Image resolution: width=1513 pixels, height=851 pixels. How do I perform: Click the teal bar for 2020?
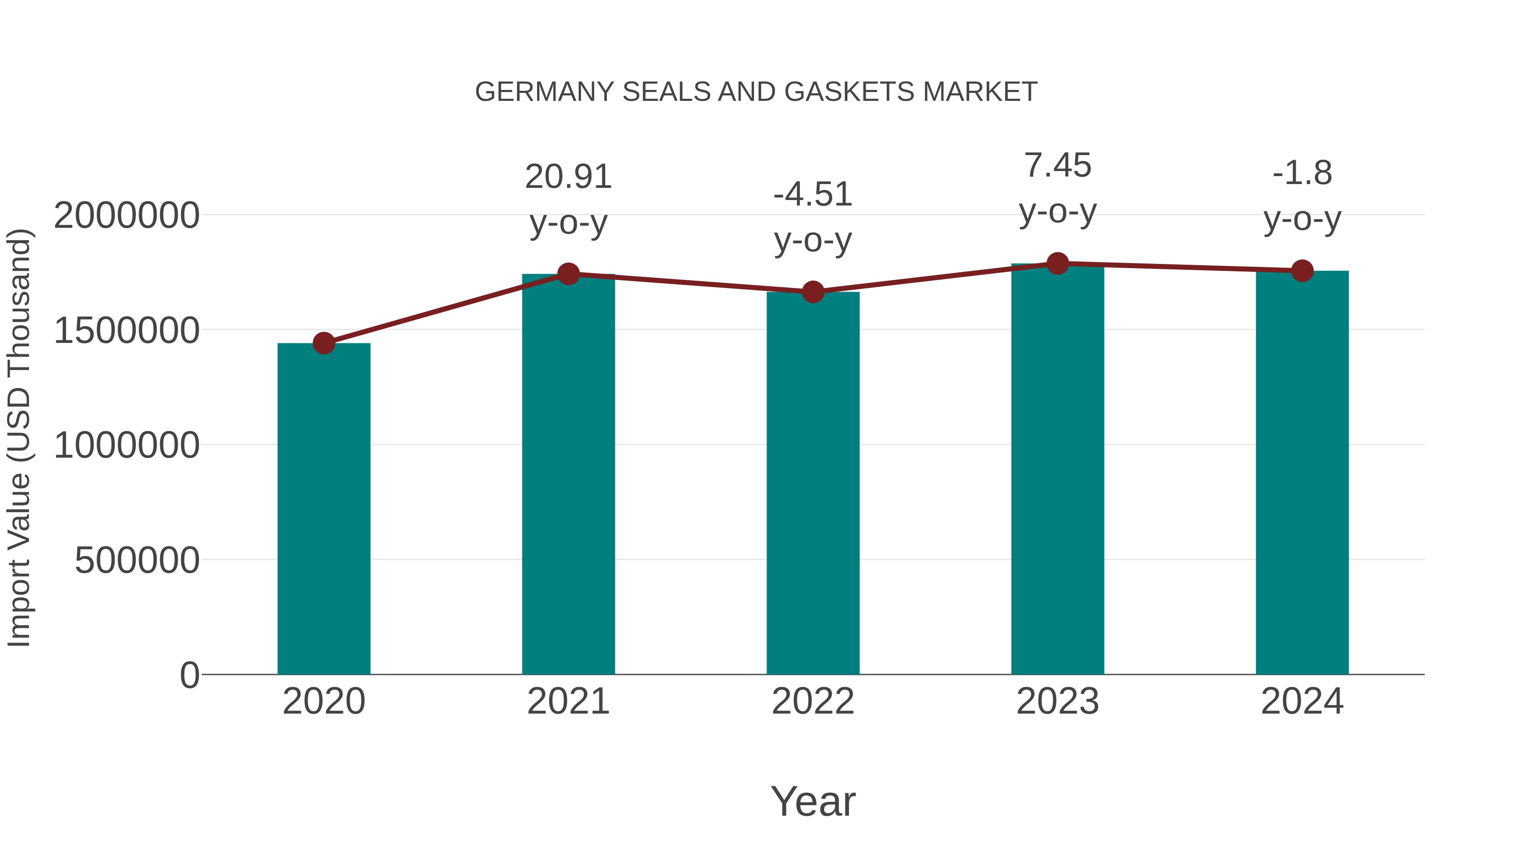coord(324,508)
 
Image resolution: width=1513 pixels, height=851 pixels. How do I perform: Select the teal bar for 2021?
coord(568,474)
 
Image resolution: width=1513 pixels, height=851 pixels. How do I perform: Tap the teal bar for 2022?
coord(813,483)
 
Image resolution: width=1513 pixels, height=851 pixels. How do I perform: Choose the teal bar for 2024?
coord(1302,472)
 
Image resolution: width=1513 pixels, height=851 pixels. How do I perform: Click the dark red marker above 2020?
coord(324,343)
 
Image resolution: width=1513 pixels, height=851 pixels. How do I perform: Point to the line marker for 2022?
coord(813,292)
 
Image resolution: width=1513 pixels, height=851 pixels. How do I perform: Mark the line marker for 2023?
coord(1057,263)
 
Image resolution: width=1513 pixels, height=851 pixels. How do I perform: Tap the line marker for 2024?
coord(1302,271)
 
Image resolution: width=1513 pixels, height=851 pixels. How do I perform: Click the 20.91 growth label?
coord(568,177)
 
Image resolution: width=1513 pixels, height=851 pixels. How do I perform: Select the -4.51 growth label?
coord(813,195)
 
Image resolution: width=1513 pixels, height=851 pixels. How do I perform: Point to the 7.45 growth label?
coord(1057,166)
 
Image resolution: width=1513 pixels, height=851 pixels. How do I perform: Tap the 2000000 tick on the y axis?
coord(126,215)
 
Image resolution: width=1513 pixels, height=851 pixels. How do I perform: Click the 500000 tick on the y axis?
coord(137,560)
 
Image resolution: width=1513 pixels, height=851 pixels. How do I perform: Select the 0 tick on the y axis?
coord(189,675)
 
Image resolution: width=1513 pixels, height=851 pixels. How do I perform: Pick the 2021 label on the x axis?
coord(568,701)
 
